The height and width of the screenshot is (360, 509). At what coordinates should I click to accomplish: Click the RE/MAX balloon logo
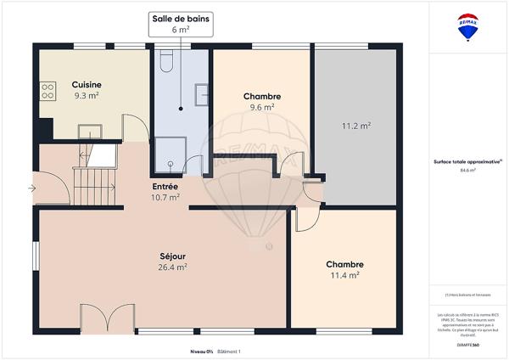467,26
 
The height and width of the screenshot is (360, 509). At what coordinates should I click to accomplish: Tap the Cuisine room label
87,84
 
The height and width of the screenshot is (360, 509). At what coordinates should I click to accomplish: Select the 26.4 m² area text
173,267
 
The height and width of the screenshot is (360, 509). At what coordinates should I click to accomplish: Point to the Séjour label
173,256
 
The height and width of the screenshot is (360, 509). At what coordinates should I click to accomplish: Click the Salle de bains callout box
182,23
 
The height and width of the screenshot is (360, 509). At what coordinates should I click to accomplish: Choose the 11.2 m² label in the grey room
355,126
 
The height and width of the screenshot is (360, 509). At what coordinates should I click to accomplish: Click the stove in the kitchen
47,88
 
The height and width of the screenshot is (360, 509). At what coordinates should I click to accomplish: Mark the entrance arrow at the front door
31,188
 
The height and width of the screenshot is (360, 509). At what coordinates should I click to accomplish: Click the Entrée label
165,186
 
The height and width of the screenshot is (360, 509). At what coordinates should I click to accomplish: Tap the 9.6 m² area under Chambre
261,108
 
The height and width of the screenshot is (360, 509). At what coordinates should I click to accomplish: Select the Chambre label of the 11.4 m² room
344,264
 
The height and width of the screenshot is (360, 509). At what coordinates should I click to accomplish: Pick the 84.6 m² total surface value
467,170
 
